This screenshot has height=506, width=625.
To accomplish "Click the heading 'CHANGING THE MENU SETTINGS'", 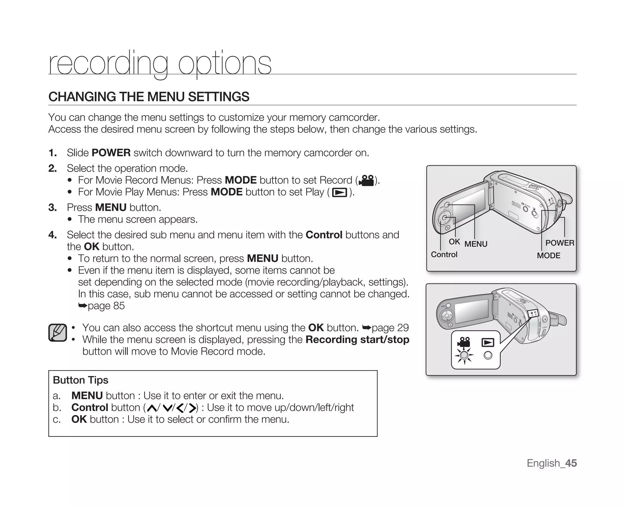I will click(x=149, y=97).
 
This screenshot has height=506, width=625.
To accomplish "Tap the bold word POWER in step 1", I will click(x=111, y=153).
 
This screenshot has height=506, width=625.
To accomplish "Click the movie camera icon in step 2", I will click(x=367, y=180).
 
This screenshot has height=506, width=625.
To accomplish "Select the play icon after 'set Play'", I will click(x=339, y=193).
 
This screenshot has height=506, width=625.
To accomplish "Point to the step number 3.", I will click(x=52, y=208).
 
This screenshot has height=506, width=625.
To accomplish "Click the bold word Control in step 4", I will click(x=324, y=235).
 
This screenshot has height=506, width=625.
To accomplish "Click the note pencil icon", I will click(x=57, y=333).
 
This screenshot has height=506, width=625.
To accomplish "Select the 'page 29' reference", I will click(x=390, y=328).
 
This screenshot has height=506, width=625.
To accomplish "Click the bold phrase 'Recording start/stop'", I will click(x=357, y=340).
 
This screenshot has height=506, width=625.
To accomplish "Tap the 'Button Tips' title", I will click(x=81, y=380).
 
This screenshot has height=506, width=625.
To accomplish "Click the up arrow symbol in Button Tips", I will click(x=151, y=408).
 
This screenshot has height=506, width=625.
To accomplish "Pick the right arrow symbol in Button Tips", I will click(x=192, y=408).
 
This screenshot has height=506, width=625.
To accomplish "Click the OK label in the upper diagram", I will click(x=454, y=242).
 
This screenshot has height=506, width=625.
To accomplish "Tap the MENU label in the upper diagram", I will click(x=476, y=244).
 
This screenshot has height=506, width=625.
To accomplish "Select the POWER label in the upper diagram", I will click(x=560, y=243).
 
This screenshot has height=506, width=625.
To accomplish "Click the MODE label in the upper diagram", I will click(x=548, y=255).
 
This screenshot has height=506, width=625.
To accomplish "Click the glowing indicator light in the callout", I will click(x=464, y=355).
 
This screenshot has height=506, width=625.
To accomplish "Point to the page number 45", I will click(x=571, y=463).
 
